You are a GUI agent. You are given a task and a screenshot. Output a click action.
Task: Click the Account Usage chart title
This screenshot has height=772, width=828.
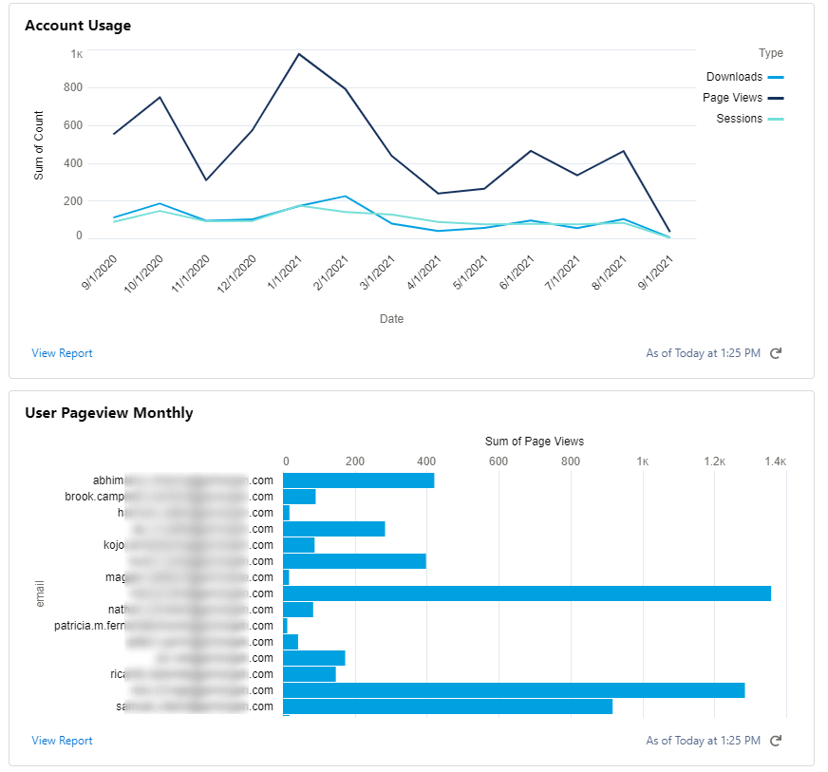(78, 26)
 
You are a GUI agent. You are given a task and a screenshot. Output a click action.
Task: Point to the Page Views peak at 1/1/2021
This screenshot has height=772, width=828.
(298, 54)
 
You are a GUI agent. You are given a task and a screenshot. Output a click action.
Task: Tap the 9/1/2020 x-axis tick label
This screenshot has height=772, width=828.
(100, 273)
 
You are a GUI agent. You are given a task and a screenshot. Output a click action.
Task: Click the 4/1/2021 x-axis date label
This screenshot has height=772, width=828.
(424, 273)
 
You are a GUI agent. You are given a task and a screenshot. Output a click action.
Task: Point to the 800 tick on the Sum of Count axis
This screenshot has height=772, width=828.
(73, 87)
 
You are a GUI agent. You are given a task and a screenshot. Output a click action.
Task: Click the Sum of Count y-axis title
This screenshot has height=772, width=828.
(39, 145)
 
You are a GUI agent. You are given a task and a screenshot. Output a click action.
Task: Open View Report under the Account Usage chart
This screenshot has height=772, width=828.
(62, 353)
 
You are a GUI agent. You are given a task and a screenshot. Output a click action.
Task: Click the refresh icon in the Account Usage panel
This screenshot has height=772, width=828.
(775, 353)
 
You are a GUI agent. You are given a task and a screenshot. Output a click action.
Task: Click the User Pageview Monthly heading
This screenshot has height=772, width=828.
(108, 413)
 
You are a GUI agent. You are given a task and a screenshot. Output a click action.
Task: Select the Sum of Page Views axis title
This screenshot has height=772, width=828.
(534, 441)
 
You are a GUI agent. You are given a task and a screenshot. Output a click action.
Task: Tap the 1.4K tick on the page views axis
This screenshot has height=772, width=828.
(775, 461)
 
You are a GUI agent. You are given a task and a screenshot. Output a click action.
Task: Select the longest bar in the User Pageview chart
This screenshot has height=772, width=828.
(526, 593)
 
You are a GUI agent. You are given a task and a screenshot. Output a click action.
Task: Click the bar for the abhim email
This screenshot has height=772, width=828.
(358, 480)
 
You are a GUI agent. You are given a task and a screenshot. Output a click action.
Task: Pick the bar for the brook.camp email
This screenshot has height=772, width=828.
(299, 497)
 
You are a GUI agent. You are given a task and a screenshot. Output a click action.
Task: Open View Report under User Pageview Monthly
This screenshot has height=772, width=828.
(62, 741)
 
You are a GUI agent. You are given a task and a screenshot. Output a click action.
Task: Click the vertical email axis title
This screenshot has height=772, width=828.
(40, 593)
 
